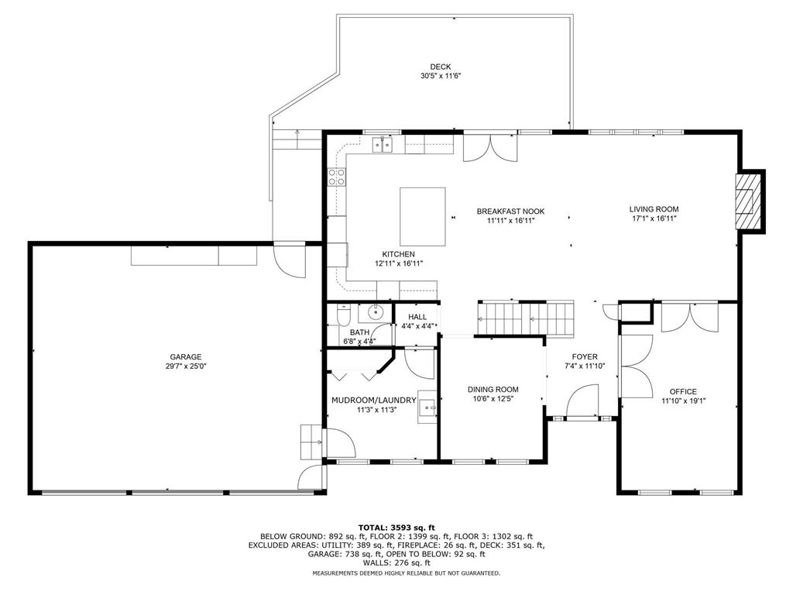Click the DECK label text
(441, 67)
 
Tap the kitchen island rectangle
(422, 215)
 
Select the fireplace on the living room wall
(747, 201)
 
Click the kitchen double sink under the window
(383, 144)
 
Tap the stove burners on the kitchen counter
(337, 177)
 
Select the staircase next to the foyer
(527, 318)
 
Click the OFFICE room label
(683, 391)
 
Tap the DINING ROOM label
(493, 390)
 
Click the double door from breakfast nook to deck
(489, 147)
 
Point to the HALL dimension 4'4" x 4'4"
(417, 327)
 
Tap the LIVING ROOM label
(654, 209)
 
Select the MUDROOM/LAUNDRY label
(368, 401)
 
